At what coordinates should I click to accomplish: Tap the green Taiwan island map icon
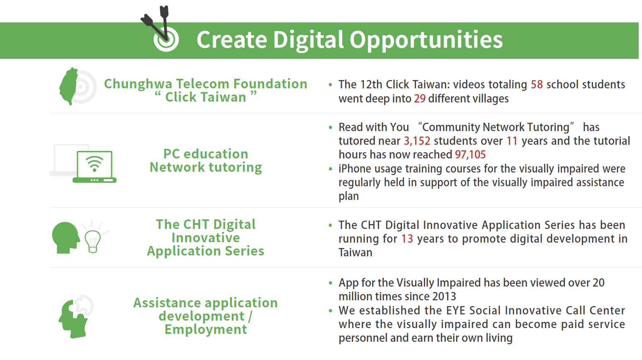point(69,86)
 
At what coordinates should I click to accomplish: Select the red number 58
point(537,85)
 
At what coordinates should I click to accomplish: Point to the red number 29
point(420,99)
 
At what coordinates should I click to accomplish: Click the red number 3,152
point(417,141)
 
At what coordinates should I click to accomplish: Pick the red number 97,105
point(470,155)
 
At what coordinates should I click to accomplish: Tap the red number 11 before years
point(512,141)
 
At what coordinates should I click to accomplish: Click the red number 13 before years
point(407,239)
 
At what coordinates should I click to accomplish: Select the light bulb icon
point(92,241)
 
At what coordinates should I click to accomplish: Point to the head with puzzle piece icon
point(75,316)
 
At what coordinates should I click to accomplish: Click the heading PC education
point(206,154)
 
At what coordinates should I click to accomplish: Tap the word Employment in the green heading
point(205,329)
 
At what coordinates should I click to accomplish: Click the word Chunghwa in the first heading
point(138,84)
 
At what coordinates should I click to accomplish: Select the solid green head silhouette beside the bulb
point(66,238)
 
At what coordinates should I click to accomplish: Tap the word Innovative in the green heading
point(205,238)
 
